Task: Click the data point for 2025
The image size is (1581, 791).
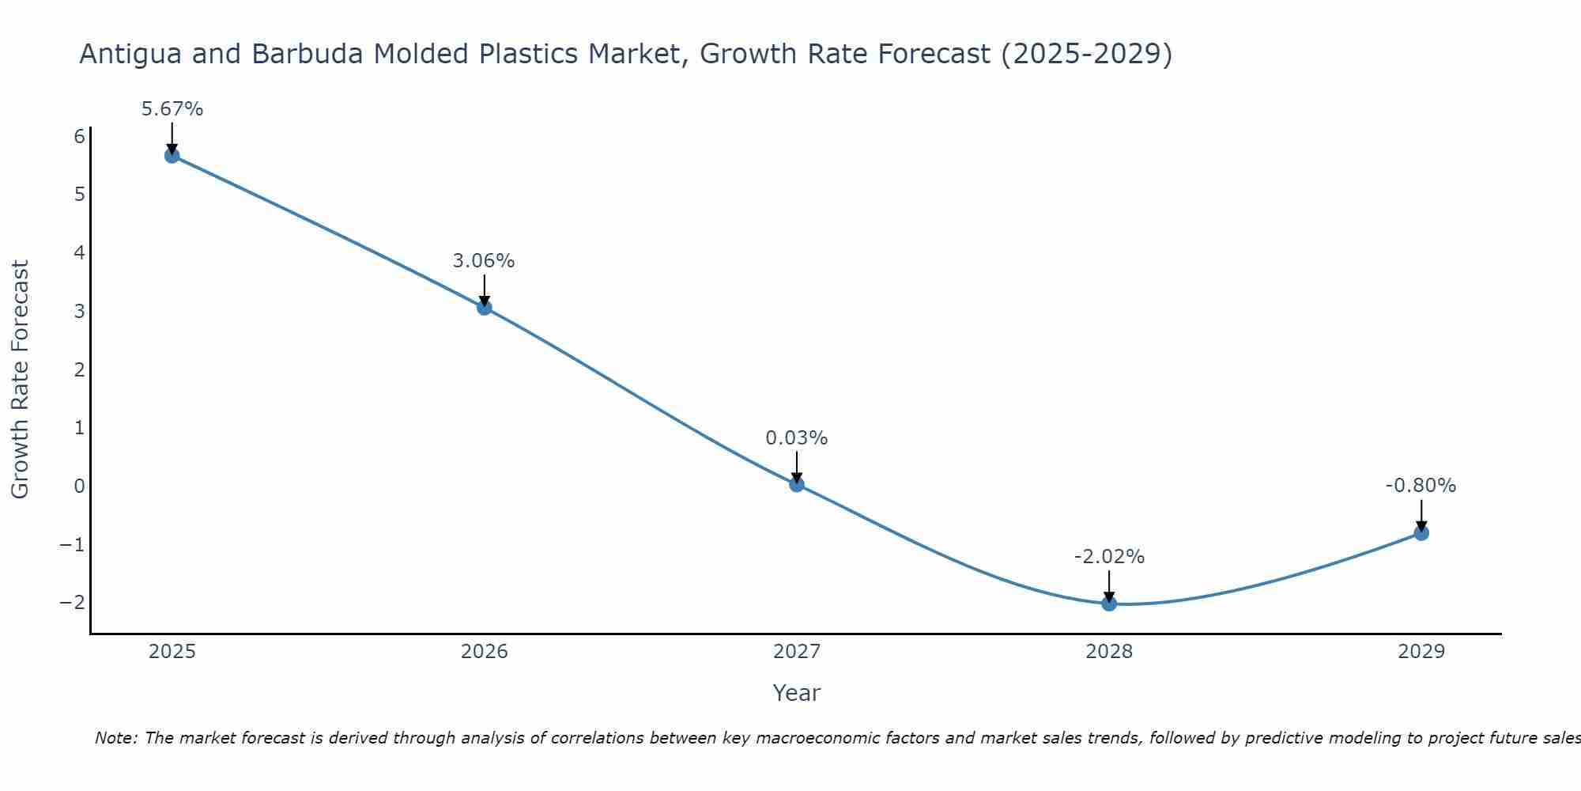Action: pyautogui.click(x=172, y=155)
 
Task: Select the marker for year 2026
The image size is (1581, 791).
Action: pyautogui.click(x=484, y=307)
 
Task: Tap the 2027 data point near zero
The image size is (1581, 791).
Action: pyautogui.click(x=796, y=484)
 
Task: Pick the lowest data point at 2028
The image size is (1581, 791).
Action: pyautogui.click(x=1108, y=604)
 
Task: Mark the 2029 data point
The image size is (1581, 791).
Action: pyautogui.click(x=1421, y=532)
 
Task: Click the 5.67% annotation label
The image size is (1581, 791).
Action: pyautogui.click(x=172, y=109)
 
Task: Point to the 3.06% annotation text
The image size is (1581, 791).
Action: pyautogui.click(x=484, y=261)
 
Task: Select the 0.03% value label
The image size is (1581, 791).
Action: pyautogui.click(x=796, y=438)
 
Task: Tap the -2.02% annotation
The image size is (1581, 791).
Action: pyautogui.click(x=1108, y=557)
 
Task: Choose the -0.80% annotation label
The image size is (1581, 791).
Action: pyautogui.click(x=1421, y=486)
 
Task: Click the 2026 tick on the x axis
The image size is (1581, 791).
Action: pyautogui.click(x=484, y=652)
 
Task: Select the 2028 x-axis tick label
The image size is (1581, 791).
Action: pyautogui.click(x=1108, y=652)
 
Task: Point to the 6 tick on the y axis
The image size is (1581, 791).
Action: pyautogui.click(x=79, y=137)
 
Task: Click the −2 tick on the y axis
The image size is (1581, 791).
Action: pyautogui.click(x=73, y=602)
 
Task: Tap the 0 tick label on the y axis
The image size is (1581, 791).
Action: pyautogui.click(x=79, y=486)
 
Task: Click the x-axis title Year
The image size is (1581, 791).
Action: pyautogui.click(x=796, y=693)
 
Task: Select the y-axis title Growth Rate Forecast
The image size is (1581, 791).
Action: pyautogui.click(x=20, y=380)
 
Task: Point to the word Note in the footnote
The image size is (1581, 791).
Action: pyautogui.click(x=115, y=738)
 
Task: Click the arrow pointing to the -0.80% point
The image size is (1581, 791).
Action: pyautogui.click(x=1421, y=516)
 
